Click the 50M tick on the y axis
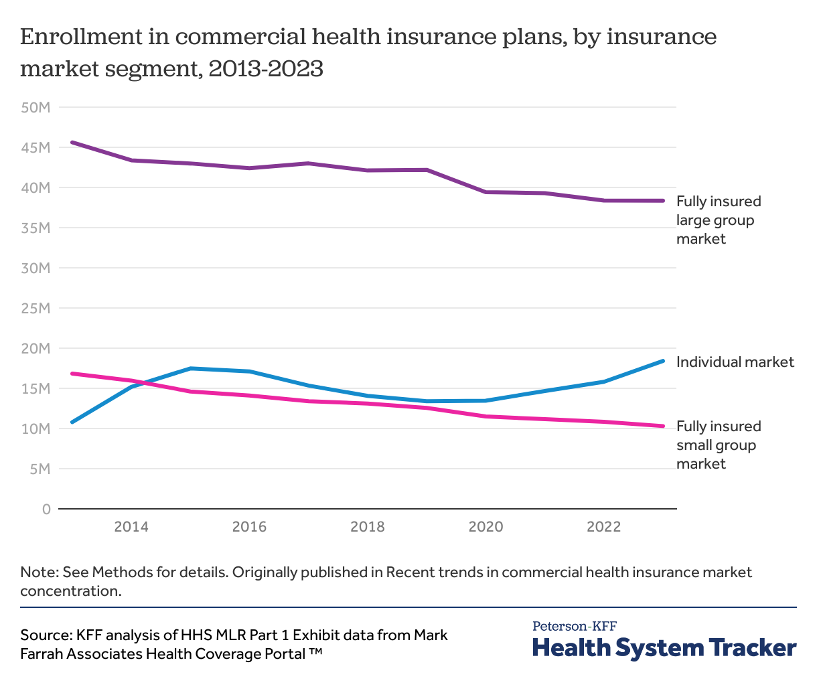click(x=36, y=107)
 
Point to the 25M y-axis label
click(x=36, y=308)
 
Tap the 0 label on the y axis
click(x=46, y=509)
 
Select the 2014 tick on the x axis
click(x=131, y=527)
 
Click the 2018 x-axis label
click(x=368, y=527)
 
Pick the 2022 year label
click(x=604, y=527)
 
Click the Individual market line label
click(x=735, y=362)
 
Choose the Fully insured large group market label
click(x=718, y=220)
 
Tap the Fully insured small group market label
click(x=718, y=445)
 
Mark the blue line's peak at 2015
click(x=191, y=368)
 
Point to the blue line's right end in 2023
click(x=663, y=361)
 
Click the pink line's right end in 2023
click(x=663, y=426)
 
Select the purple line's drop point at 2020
click(x=486, y=192)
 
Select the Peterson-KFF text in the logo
click(x=575, y=627)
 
